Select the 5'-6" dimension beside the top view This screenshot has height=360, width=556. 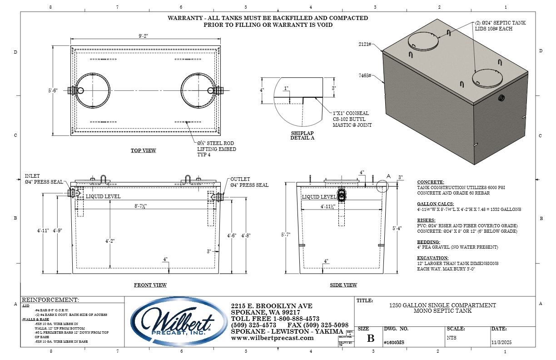click(x=53, y=90)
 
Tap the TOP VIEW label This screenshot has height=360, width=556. click(x=143, y=150)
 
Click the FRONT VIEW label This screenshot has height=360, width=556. click(x=150, y=285)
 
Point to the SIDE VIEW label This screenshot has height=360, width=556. click(x=343, y=285)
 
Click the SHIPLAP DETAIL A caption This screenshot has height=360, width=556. click(x=302, y=135)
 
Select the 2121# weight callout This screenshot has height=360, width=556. click(x=365, y=44)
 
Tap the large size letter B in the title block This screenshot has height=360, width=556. click(x=371, y=338)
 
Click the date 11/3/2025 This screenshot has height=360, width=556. click(x=501, y=343)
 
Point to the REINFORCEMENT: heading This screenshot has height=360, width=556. click(x=50, y=300)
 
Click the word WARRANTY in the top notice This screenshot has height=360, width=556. click(x=184, y=18)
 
